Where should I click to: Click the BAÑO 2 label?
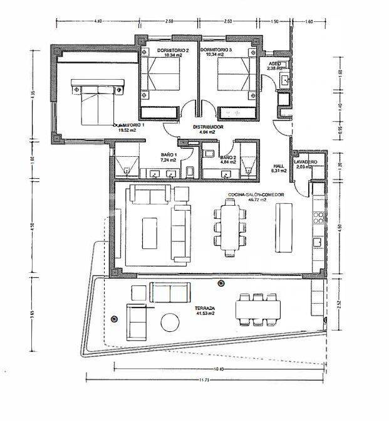click(227, 157)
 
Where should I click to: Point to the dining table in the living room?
click(230, 228)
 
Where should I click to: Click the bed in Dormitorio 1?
click(95, 104)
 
